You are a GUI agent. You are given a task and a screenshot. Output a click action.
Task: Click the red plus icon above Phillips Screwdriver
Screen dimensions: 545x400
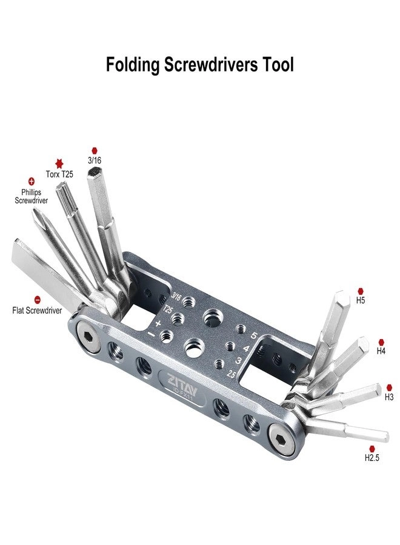(32, 181)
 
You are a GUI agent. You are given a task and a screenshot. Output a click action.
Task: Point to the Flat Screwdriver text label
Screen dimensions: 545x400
(37, 310)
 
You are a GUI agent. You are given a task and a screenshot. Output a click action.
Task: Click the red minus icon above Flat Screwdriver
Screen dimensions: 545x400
(38, 300)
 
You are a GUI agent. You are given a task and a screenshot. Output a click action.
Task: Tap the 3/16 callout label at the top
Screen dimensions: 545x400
(94, 161)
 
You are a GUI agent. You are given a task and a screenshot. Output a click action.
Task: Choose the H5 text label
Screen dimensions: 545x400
(361, 300)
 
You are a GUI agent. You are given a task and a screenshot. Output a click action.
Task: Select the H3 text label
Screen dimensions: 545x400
(389, 397)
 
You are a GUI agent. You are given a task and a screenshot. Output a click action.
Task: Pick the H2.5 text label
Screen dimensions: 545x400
(372, 458)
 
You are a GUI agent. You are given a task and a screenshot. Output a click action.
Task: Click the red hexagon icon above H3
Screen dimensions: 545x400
(389, 387)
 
